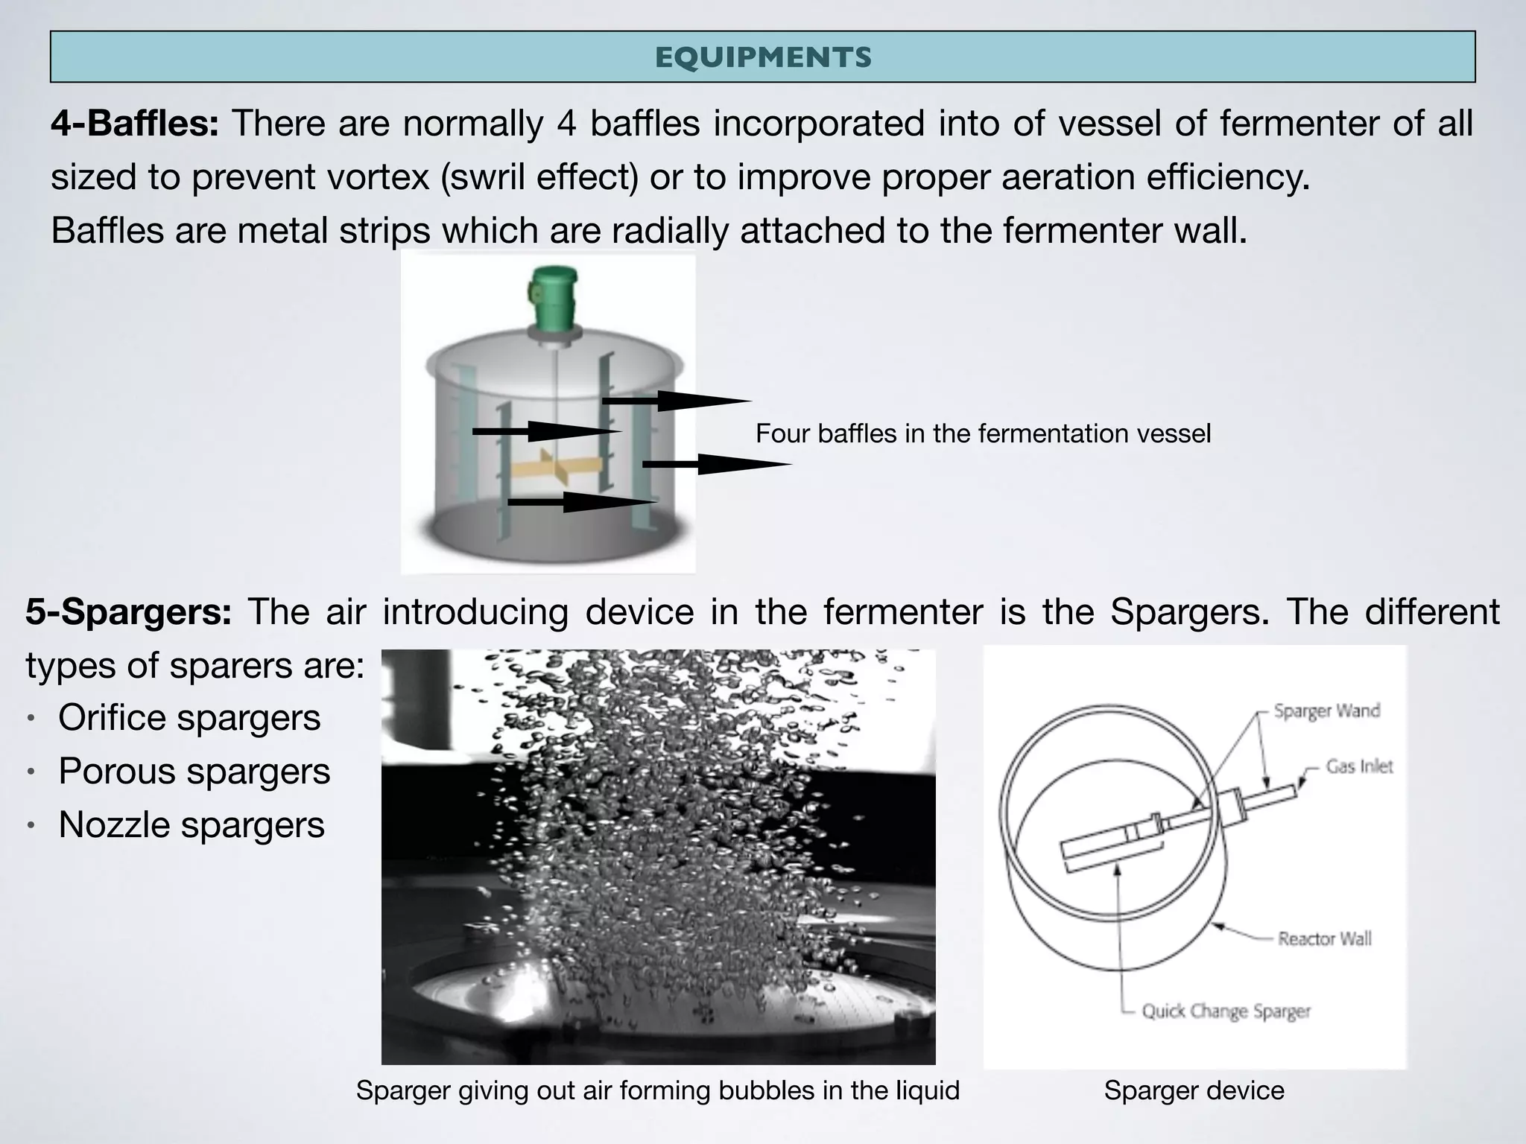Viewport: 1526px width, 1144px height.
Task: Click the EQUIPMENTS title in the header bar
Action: click(763, 57)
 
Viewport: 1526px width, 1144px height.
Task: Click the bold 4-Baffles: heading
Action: click(135, 123)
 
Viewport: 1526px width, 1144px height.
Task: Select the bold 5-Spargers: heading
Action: click(129, 611)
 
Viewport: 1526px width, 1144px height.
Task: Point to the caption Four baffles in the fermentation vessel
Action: click(983, 433)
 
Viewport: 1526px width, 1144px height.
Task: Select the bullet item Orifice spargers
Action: click(189, 718)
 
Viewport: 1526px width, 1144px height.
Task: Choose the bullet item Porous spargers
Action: click(194, 772)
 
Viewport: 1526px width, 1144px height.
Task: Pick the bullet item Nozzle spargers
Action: click(191, 825)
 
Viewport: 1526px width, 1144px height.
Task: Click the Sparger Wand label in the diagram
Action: click(1326, 711)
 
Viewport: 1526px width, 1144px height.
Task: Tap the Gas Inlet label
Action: click(1358, 766)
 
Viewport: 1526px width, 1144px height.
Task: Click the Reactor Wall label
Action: click(1324, 938)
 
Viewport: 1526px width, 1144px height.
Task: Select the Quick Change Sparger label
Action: click(1226, 1011)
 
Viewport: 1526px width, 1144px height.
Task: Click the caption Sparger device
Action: click(1194, 1090)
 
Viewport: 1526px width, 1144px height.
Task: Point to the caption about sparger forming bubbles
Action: click(657, 1090)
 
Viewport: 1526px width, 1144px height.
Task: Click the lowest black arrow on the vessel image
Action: click(581, 502)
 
